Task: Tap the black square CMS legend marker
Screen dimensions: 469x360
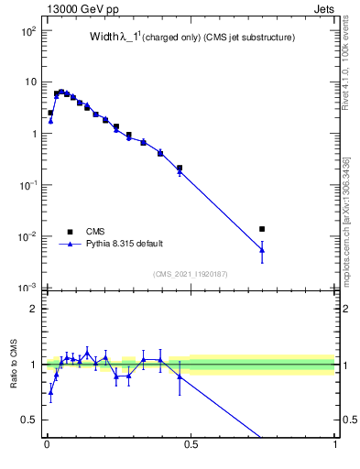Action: tap(70, 232)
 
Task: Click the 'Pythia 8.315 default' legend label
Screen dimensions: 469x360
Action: tap(125, 244)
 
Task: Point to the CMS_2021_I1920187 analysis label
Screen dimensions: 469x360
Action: tap(191, 274)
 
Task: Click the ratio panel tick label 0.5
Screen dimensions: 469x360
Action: tap(29, 420)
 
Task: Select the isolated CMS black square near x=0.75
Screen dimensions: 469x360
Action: tap(262, 229)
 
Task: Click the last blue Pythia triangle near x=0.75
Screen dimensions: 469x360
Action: tap(262, 249)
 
